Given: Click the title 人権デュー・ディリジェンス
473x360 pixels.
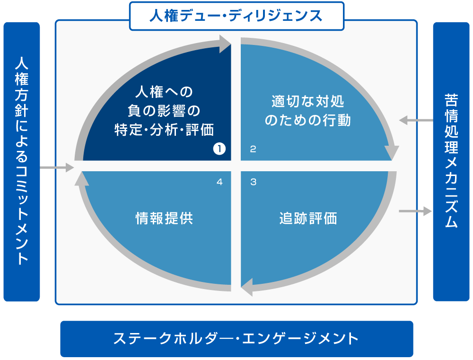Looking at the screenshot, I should pyautogui.click(x=236, y=16).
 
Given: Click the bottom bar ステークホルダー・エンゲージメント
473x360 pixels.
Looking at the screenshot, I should pyautogui.click(x=236, y=339).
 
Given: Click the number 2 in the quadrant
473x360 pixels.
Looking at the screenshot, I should pyautogui.click(x=253, y=149).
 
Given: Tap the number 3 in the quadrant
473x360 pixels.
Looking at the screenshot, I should pyautogui.click(x=253, y=182).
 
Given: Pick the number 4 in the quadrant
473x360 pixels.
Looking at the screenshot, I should pyautogui.click(x=219, y=182).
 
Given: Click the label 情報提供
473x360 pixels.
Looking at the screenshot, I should pyautogui.click(x=164, y=219).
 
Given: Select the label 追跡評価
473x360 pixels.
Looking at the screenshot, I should pyautogui.click(x=308, y=219).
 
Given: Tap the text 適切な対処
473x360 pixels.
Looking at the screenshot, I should pyautogui.click(x=308, y=102).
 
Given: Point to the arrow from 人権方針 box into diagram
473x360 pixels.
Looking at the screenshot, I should pyautogui.click(x=57, y=167).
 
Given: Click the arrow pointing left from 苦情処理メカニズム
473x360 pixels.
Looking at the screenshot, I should pyautogui.click(x=415, y=121).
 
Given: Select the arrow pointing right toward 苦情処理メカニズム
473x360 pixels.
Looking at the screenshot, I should pyautogui.click(x=415, y=211).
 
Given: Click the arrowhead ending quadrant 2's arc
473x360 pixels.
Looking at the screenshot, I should pyautogui.click(x=391, y=152).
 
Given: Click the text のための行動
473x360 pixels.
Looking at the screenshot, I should pyautogui.click(x=308, y=121).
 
